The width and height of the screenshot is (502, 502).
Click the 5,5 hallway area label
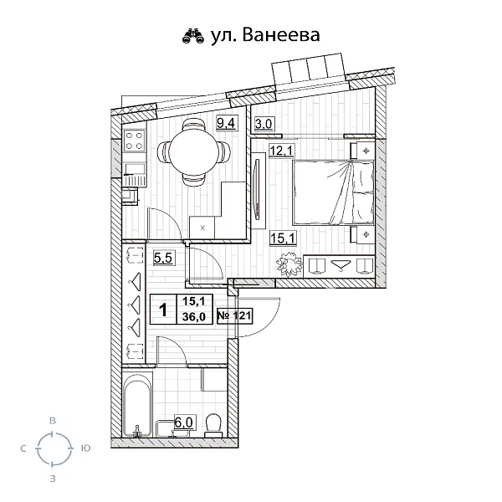(x=162, y=259)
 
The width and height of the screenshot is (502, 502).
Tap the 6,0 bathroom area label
(x=184, y=423)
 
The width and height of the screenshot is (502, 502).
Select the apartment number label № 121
(x=235, y=316)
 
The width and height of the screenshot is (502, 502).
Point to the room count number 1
(x=162, y=309)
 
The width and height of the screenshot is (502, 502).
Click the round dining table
(x=193, y=152)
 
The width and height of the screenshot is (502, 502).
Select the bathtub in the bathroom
(x=136, y=409)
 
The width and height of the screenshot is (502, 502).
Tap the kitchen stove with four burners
(x=135, y=144)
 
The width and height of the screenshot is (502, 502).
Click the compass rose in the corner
(x=53, y=449)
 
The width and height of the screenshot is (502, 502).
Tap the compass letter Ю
(x=85, y=449)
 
